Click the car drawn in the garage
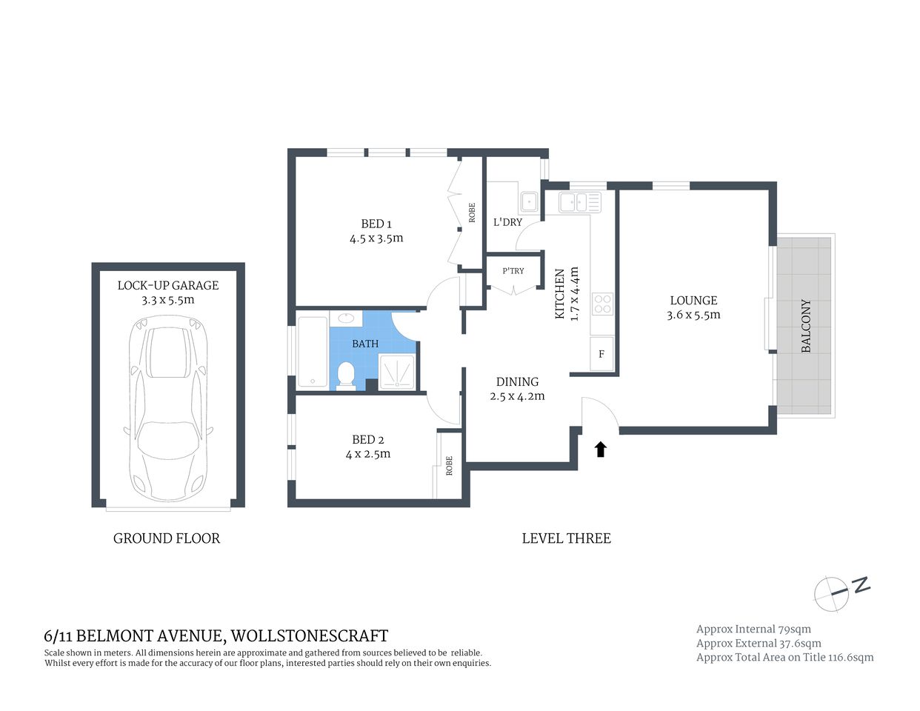coord(168,409)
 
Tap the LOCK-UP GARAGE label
coord(168,285)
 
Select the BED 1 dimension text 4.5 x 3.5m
coord(376,238)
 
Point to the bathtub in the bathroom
coord(312,353)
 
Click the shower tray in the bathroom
coord(397,373)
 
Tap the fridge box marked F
coord(601,354)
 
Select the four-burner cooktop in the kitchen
coord(602,304)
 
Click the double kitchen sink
coord(580,201)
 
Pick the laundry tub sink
coord(530,201)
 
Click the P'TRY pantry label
coord(513,271)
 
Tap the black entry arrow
coord(601,449)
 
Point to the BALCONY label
coord(807,326)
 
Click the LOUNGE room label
coord(693,301)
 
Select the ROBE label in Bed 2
coord(449,466)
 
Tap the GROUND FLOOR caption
coord(167,538)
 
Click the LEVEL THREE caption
coord(566,538)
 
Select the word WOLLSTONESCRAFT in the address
coord(310,635)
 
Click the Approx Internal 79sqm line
coord(753,630)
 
